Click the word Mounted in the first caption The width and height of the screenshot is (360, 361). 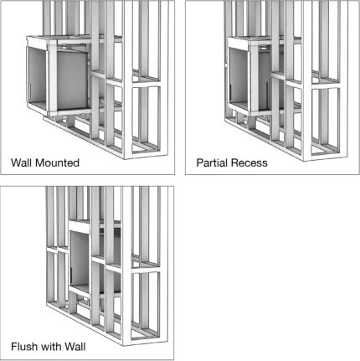[x=57, y=162]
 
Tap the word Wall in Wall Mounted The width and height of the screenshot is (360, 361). [x=22, y=162]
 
